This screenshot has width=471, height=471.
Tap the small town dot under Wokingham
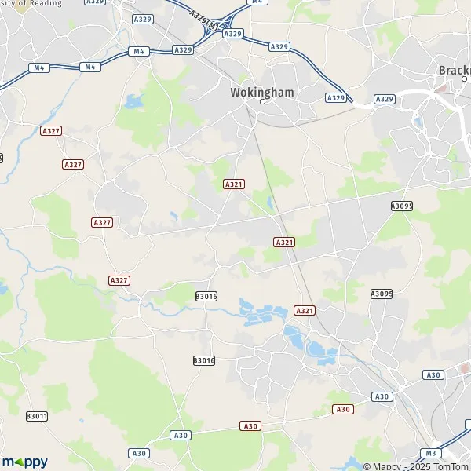[x=251, y=104]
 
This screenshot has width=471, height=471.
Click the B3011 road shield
[x=37, y=416]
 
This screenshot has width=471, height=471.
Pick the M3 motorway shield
[x=429, y=453]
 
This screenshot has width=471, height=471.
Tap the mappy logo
[x=24, y=462]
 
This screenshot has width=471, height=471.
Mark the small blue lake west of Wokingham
[x=133, y=101]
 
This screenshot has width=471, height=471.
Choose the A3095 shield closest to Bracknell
[x=401, y=206]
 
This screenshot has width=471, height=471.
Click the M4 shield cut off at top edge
[x=257, y=2]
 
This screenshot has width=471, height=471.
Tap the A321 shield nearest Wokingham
[x=233, y=184]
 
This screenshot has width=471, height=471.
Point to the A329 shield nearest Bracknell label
[x=384, y=98]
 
